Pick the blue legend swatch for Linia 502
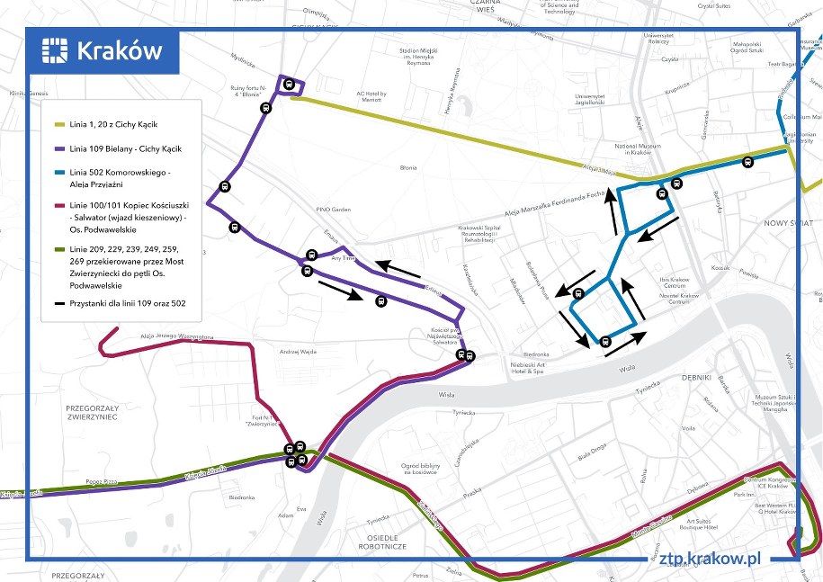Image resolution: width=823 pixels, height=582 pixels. coord(60,172)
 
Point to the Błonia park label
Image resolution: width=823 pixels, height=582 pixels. coord(408,167)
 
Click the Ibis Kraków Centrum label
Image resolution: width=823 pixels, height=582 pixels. coord(685,282)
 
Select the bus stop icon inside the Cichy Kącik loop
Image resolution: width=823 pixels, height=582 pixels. coord(289,85)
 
